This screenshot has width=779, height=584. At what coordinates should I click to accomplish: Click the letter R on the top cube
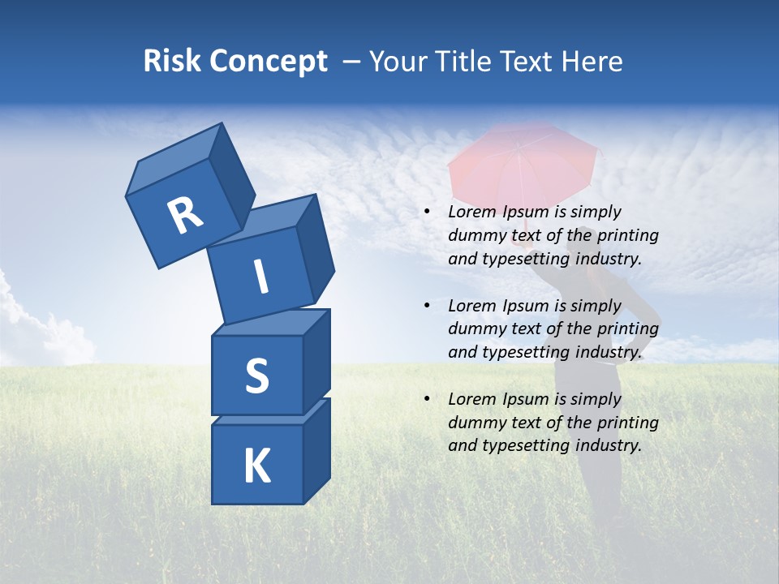click(x=185, y=215)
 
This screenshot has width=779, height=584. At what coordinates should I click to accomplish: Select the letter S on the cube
click(x=256, y=376)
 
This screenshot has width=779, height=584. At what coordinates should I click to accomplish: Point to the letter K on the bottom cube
click(x=256, y=466)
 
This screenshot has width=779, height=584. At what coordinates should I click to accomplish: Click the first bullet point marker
click(x=427, y=213)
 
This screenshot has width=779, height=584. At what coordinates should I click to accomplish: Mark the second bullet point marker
click(x=427, y=307)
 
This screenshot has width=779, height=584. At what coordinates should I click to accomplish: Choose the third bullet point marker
click(x=427, y=400)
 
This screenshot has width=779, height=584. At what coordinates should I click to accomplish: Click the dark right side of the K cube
click(x=316, y=450)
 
